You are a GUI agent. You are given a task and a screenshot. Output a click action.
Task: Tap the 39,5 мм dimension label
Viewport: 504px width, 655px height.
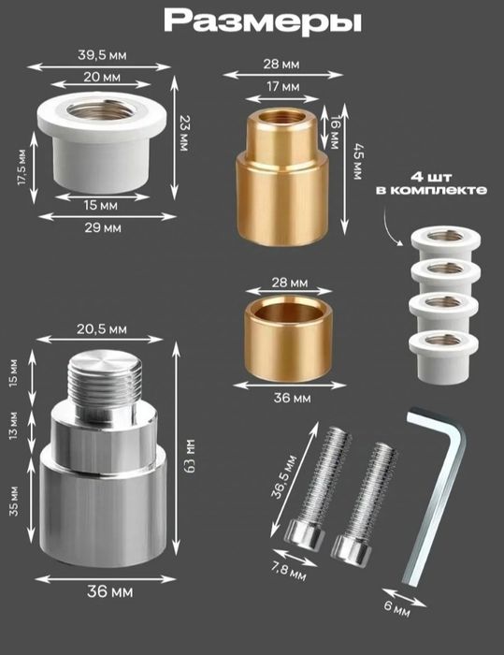[102, 55]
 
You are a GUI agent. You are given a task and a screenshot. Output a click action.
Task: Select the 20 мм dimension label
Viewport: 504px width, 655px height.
[102, 78]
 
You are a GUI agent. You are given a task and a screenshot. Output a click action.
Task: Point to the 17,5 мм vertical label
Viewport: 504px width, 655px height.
[22, 167]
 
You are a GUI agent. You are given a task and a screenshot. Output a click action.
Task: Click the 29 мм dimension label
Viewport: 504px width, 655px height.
[103, 228]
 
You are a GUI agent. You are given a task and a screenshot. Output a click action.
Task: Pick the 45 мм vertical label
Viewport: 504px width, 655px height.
[357, 162]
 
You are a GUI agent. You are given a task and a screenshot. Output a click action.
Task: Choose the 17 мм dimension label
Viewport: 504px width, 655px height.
[283, 87]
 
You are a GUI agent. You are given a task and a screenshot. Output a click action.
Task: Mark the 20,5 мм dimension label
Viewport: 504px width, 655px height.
[102, 329]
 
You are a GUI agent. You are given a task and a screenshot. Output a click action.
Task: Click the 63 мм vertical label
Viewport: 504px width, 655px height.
[190, 457]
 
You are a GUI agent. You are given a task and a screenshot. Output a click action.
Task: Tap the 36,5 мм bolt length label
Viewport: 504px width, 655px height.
[284, 477]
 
